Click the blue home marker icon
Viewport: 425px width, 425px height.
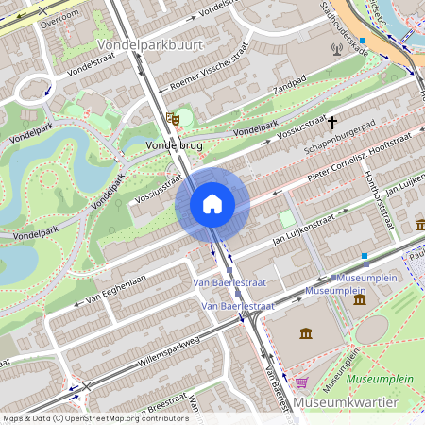[212, 203]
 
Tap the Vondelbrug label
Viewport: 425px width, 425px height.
[176, 146]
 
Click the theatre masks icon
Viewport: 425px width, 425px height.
[172, 118]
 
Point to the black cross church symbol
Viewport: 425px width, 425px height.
[332, 122]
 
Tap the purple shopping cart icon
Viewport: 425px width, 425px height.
[301, 382]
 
